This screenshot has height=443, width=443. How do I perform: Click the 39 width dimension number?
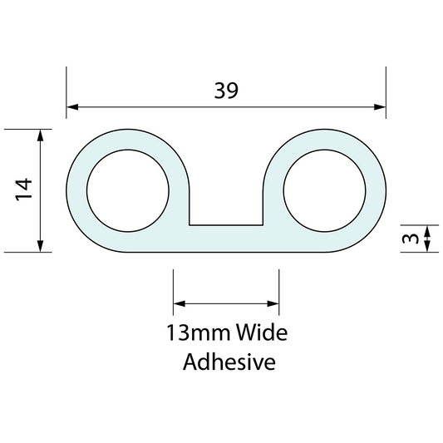(225, 91)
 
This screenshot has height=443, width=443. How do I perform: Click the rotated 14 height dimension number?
(23, 190)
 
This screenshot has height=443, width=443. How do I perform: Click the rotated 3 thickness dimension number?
(408, 239)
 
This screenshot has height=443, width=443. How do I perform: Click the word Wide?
(262, 334)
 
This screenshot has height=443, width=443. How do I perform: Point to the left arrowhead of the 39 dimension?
(73, 106)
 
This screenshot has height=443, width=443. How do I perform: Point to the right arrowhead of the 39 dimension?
(381, 106)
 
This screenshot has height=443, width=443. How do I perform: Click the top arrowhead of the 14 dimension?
(40, 135)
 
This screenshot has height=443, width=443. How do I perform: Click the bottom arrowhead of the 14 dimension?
(40, 246)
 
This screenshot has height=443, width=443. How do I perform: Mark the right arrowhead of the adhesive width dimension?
(273, 304)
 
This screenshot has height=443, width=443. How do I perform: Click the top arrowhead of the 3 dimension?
(427, 229)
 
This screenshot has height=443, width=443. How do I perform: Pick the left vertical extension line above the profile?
(66, 96)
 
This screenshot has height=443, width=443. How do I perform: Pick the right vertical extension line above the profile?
(386, 96)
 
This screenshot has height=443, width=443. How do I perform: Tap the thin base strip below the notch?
(226, 239)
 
